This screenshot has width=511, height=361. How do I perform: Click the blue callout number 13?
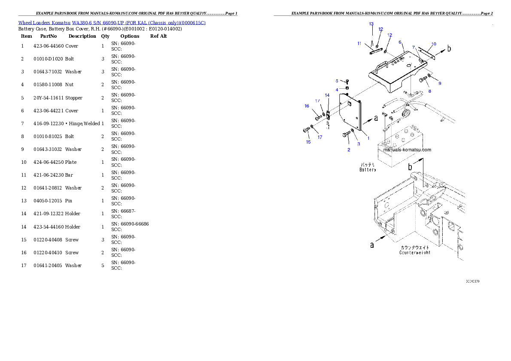tap(371, 24)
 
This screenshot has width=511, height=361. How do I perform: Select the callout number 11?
tap(359, 43)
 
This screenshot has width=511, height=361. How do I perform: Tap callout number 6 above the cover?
tap(400, 42)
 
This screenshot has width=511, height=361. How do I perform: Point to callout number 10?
tap(434, 44)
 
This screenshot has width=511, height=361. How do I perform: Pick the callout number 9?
tap(440, 83)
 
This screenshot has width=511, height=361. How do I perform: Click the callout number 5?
tap(337, 80)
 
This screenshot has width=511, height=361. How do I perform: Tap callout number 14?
tap(327, 95)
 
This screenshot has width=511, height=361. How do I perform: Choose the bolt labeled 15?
tap(306, 129)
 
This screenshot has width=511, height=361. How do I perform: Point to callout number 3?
tap(359, 144)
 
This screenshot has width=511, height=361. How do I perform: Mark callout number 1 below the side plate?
tap(368, 138)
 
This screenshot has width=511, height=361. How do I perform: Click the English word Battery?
tap(368, 170)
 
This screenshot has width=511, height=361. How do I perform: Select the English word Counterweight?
tap(414, 253)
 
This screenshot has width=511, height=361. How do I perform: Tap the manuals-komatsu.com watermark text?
tap(407, 150)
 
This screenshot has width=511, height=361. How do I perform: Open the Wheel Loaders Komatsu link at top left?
tap(112, 22)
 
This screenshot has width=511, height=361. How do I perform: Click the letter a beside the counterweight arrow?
tap(372, 245)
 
